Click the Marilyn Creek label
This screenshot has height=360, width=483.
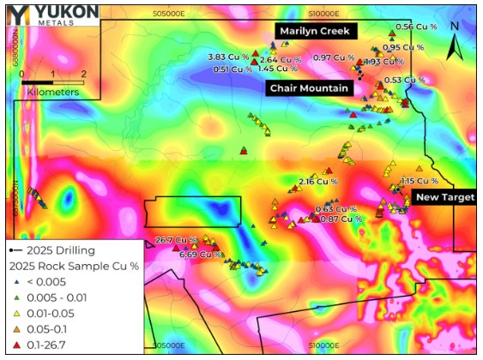click(x=313, y=31)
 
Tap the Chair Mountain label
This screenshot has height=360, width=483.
click(x=309, y=88)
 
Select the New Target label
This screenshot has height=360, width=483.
click(x=444, y=197)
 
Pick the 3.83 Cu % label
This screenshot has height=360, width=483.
click(x=229, y=57)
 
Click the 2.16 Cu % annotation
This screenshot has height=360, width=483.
click(x=318, y=182)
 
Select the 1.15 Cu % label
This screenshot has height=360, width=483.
click(x=420, y=182)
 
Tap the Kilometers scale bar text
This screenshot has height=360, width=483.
click(x=52, y=91)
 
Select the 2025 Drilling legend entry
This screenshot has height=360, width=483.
click(x=51, y=250)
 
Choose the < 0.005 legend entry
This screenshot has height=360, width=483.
click(x=46, y=281)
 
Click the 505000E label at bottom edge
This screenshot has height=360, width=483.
click(x=168, y=346)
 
